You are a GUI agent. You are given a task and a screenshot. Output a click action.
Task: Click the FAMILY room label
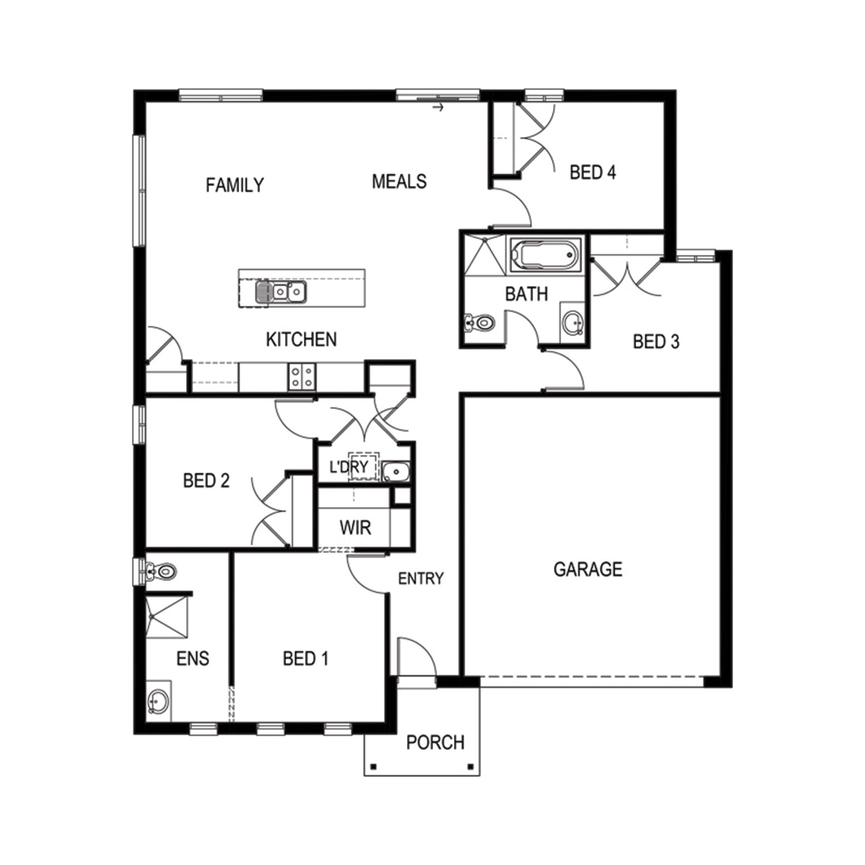(235, 185)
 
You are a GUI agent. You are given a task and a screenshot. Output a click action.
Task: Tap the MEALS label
(399, 182)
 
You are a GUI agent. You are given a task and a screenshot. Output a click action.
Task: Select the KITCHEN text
(301, 339)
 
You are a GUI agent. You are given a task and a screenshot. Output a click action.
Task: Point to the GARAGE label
(588, 570)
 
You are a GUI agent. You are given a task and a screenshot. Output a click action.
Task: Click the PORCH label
(435, 742)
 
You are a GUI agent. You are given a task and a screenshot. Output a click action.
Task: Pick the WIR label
(355, 528)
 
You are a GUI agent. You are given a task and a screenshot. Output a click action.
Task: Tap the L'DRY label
(349, 467)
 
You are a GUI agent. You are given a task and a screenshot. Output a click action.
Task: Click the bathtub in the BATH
(544, 254)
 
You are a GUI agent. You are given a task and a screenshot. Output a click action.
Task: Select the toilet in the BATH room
(479, 322)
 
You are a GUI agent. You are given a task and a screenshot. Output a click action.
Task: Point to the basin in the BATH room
(573, 322)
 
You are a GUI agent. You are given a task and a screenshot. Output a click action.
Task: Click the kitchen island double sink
(281, 292)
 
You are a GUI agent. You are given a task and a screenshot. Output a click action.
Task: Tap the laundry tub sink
(396, 472)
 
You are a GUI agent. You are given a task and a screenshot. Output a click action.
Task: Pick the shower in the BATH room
(486, 254)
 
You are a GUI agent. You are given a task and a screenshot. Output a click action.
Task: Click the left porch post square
(374, 767)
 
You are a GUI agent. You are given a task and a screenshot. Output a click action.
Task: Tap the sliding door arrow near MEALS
(439, 107)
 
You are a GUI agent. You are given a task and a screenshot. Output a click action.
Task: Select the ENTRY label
(421, 578)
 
